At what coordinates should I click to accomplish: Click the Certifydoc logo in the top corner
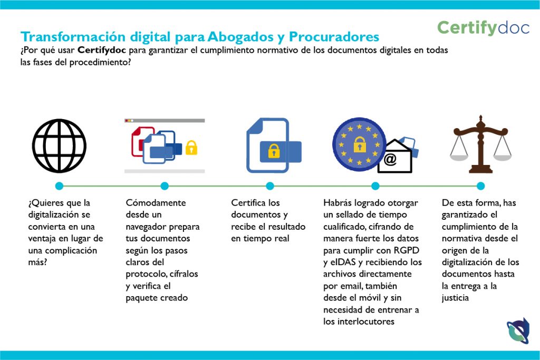pos(483,27)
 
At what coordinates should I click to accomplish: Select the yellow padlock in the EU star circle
pos(360,144)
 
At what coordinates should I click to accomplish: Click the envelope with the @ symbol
pos(394,157)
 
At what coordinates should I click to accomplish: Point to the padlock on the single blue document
pos(274,151)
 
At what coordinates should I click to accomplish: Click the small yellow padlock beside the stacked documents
pos(191,148)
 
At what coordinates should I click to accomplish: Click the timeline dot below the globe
pos(59,186)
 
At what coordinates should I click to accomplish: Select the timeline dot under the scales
pos(480,186)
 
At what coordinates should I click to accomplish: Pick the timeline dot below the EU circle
pos(375,186)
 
